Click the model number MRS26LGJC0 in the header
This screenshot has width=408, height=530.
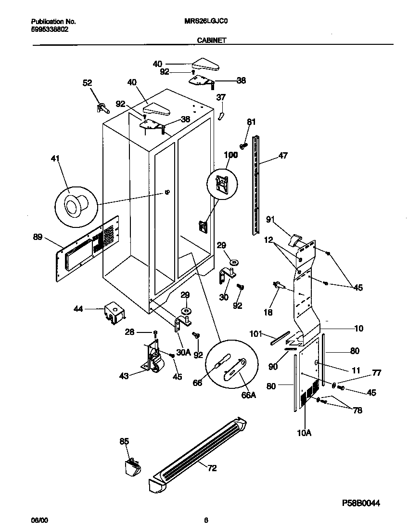click(204, 22)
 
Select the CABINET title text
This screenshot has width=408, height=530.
click(212, 41)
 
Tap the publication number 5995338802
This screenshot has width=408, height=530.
click(50, 29)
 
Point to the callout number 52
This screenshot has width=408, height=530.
click(87, 83)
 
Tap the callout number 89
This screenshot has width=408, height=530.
click(38, 237)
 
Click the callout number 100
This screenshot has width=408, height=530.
click(230, 155)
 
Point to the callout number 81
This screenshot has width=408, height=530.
click(251, 122)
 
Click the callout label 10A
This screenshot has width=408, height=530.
click(304, 433)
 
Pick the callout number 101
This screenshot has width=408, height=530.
click(255, 333)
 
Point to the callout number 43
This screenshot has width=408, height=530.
click(124, 376)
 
